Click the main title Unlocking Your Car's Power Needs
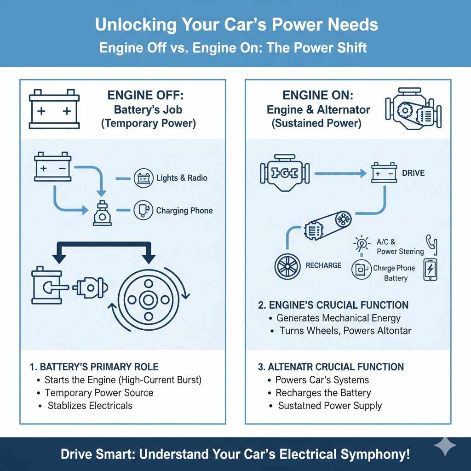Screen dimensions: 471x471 point(236,25)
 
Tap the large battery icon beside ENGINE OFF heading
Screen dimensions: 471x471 point(54,109)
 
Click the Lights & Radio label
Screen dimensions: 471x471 point(181,178)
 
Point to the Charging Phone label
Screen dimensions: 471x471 point(184,211)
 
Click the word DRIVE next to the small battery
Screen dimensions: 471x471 point(413,173)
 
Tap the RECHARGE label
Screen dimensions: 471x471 point(323,265)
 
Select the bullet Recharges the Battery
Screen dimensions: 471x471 point(323,393)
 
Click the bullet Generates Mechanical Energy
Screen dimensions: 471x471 point(338,318)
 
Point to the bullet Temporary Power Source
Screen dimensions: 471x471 point(99,393)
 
